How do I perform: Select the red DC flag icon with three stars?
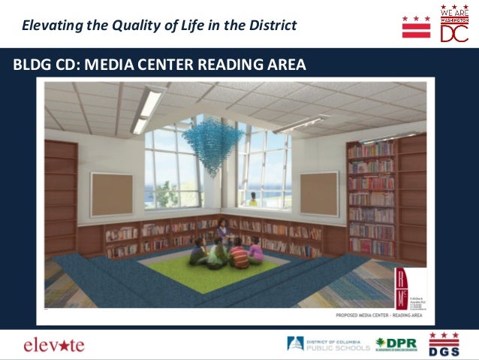tap(416, 26)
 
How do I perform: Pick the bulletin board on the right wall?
tap(319, 192)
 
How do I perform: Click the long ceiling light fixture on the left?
tap(149, 109)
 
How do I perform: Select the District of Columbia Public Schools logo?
tap(329, 344)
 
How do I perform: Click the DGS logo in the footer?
tap(444, 344)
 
